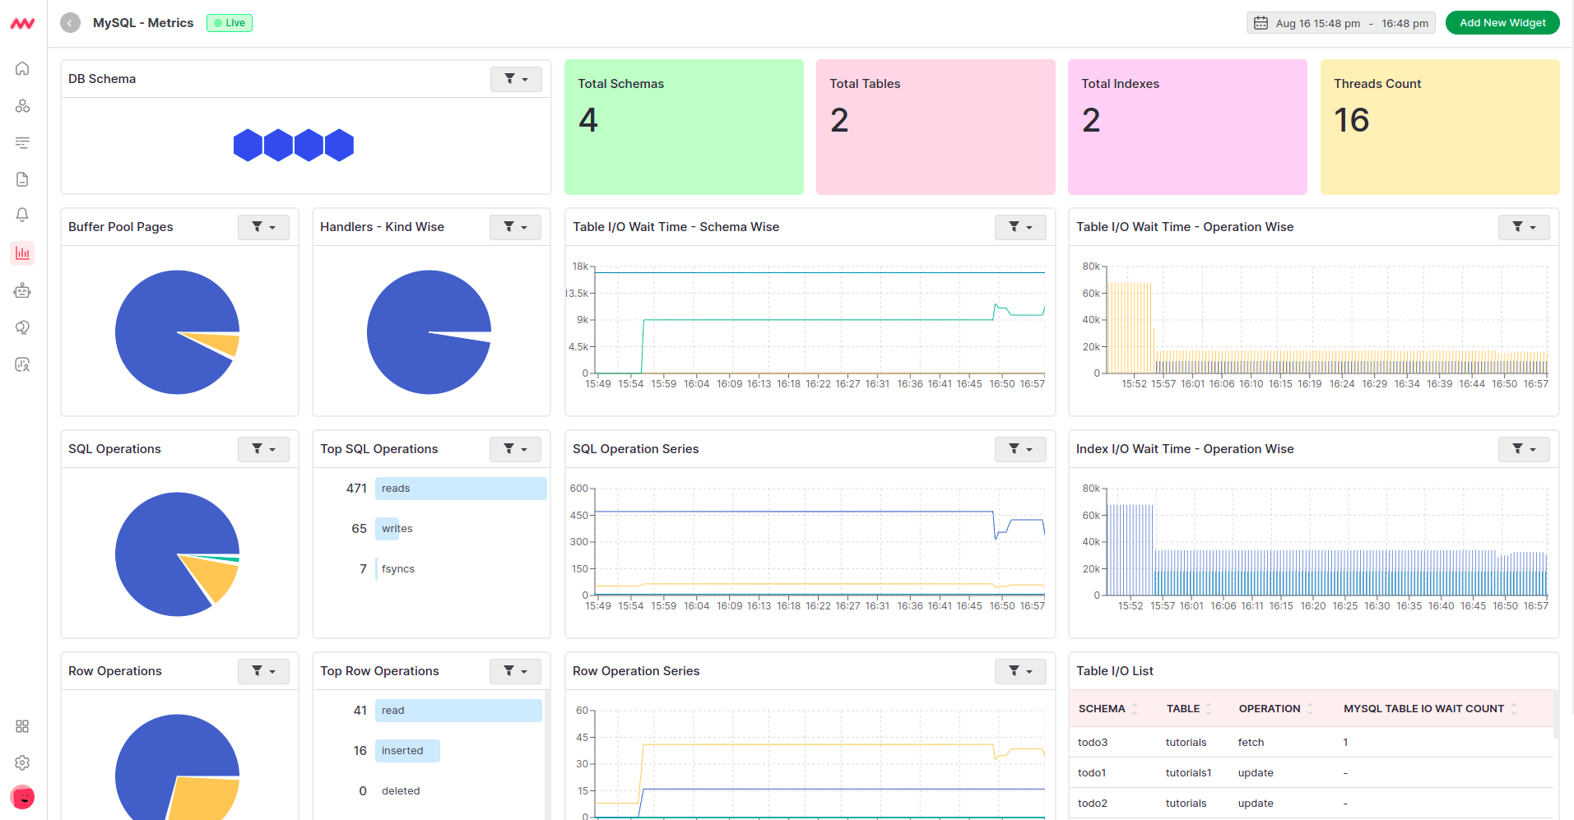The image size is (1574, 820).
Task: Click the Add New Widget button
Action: coord(1502,23)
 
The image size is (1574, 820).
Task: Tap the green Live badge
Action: coord(230,23)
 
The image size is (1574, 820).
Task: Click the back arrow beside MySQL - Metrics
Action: coord(71,23)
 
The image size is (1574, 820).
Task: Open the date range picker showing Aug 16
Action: coord(1340,23)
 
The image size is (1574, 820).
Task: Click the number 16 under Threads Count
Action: coord(1351,121)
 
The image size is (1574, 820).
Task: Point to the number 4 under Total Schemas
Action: coord(587,121)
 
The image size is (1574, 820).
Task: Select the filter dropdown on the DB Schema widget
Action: coord(516,79)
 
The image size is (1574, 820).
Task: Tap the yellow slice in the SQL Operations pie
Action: coord(213,577)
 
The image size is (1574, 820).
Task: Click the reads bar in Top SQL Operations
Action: coord(461,489)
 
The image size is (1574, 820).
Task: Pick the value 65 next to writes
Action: coord(359,529)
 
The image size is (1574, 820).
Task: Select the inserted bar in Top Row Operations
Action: coord(407,751)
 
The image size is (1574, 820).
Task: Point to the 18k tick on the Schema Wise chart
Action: coord(580,266)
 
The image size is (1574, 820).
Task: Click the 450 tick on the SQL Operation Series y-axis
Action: coord(579,516)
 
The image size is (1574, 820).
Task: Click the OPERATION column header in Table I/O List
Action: coord(1270,709)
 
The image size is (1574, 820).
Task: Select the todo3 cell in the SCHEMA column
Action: coord(1093,743)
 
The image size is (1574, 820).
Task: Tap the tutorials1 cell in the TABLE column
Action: coord(1188,773)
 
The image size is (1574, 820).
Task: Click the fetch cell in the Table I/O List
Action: coord(1251,743)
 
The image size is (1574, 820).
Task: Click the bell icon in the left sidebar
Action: coord(22,215)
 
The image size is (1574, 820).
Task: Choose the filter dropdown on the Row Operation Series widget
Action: coord(1019,671)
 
